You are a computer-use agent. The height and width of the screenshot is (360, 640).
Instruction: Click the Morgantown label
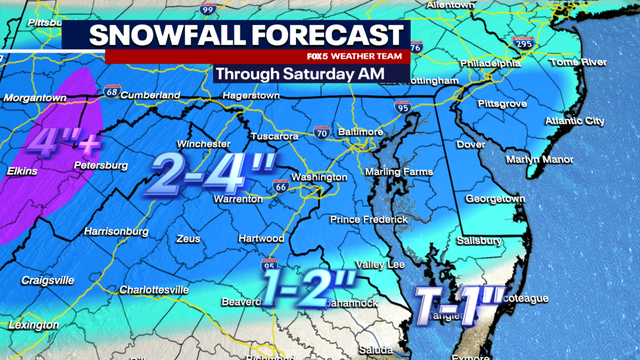tap(34, 98)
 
